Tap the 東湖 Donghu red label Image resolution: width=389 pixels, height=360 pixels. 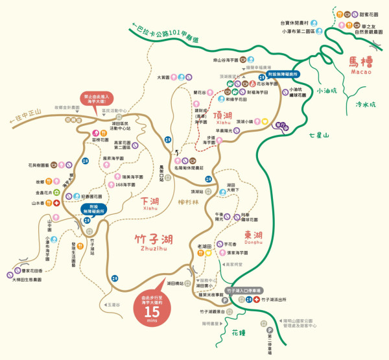253,235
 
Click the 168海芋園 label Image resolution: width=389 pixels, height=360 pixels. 125,185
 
